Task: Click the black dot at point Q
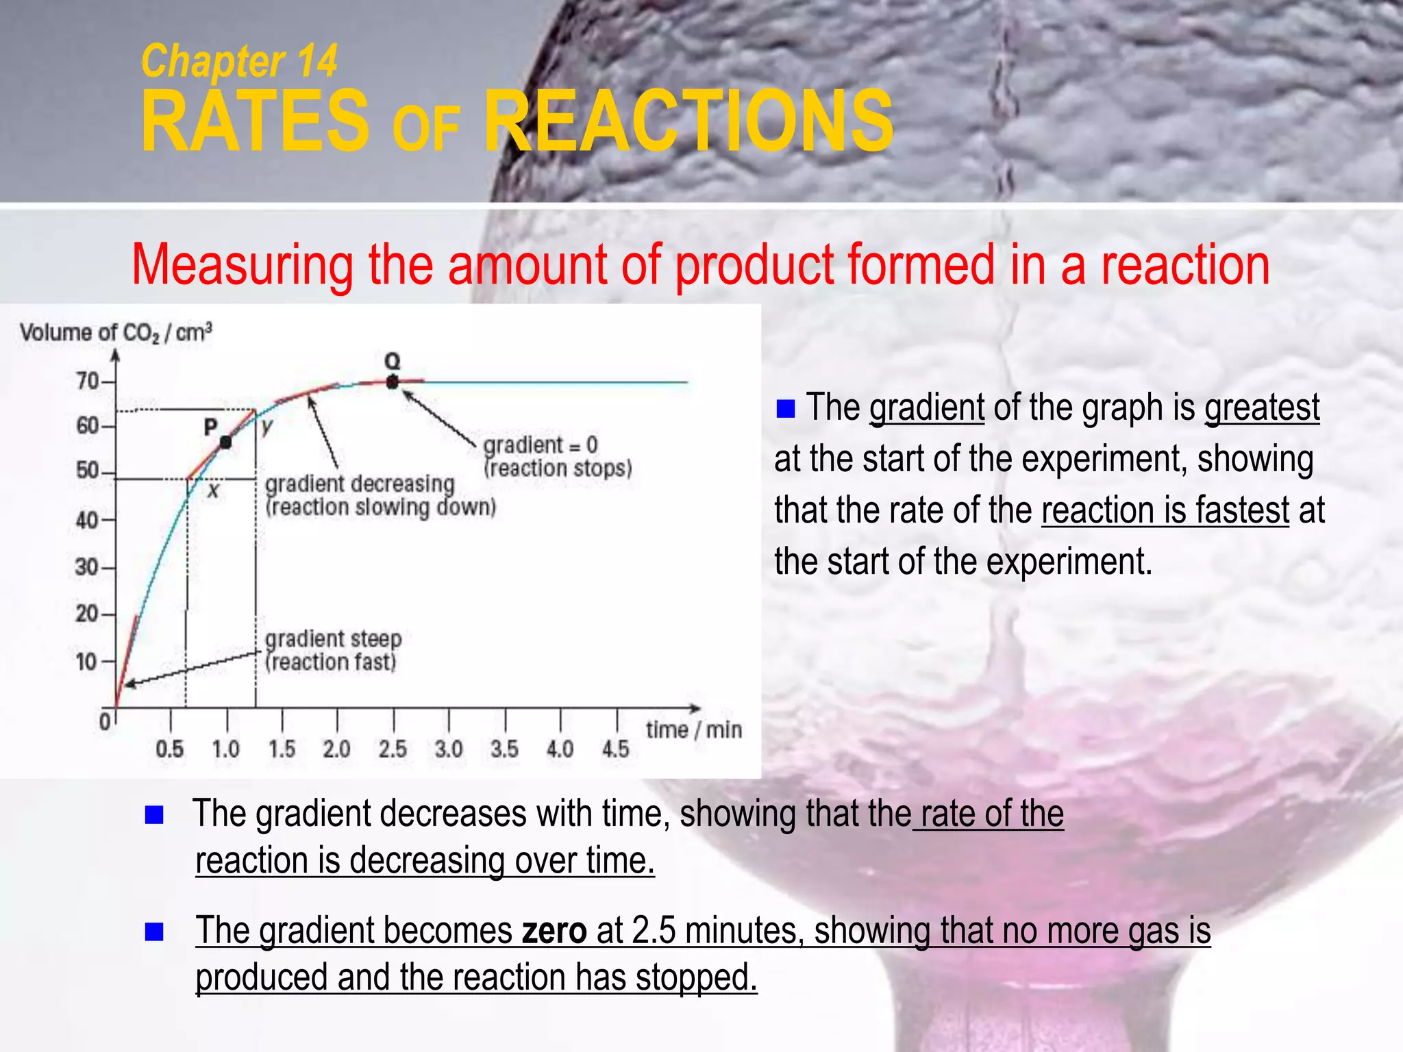point(392,382)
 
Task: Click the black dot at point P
point(225,442)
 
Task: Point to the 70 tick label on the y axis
point(88,381)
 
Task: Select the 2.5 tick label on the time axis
point(393,749)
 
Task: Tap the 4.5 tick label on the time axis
point(615,749)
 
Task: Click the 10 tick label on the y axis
point(87,662)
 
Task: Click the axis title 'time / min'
point(693,730)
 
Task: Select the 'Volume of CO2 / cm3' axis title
point(116,333)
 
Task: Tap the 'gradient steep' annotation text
point(333,639)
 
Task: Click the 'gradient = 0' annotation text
point(541,445)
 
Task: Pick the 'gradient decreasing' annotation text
point(360,484)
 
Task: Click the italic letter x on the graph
point(214,490)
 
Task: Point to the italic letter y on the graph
point(267,427)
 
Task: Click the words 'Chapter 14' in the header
point(239,61)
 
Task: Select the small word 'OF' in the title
point(425,130)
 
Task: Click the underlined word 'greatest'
point(1262,408)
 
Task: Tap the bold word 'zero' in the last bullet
point(554,931)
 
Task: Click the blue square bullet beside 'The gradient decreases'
point(154,814)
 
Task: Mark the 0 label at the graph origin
point(105,722)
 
